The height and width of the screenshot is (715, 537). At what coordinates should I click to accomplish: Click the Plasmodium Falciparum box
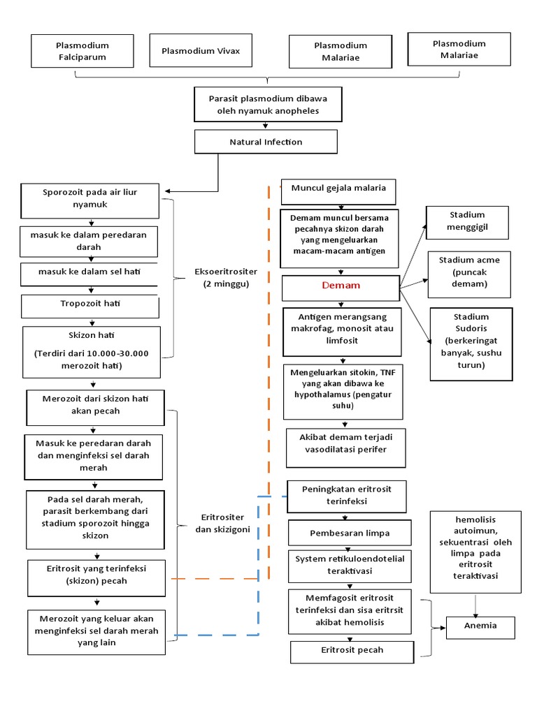point(83,51)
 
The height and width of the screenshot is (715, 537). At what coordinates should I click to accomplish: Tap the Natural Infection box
point(266,142)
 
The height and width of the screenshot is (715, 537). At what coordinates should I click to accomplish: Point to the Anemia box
point(480,626)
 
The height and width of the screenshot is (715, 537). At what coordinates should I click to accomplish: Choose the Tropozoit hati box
point(89,305)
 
